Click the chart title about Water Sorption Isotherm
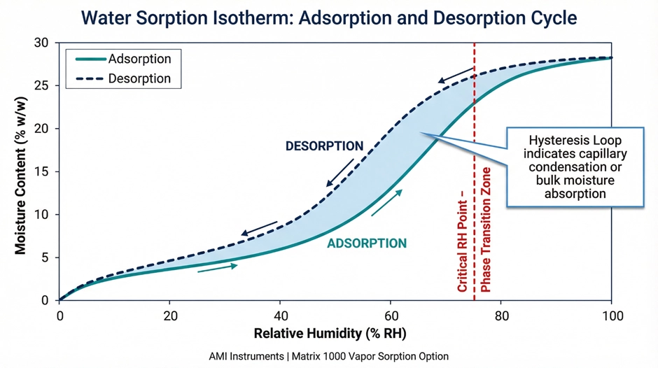click(329, 17)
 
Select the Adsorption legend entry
click(122, 59)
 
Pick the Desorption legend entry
click(122, 78)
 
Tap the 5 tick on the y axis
click(43, 257)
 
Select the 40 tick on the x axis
click(280, 314)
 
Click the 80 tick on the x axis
click(501, 314)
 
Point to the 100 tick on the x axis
click(612, 314)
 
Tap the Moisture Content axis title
click(21, 171)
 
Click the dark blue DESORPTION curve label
click(324, 146)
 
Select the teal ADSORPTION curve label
click(366, 243)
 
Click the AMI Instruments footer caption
click(329, 356)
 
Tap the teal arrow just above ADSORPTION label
click(387, 203)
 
